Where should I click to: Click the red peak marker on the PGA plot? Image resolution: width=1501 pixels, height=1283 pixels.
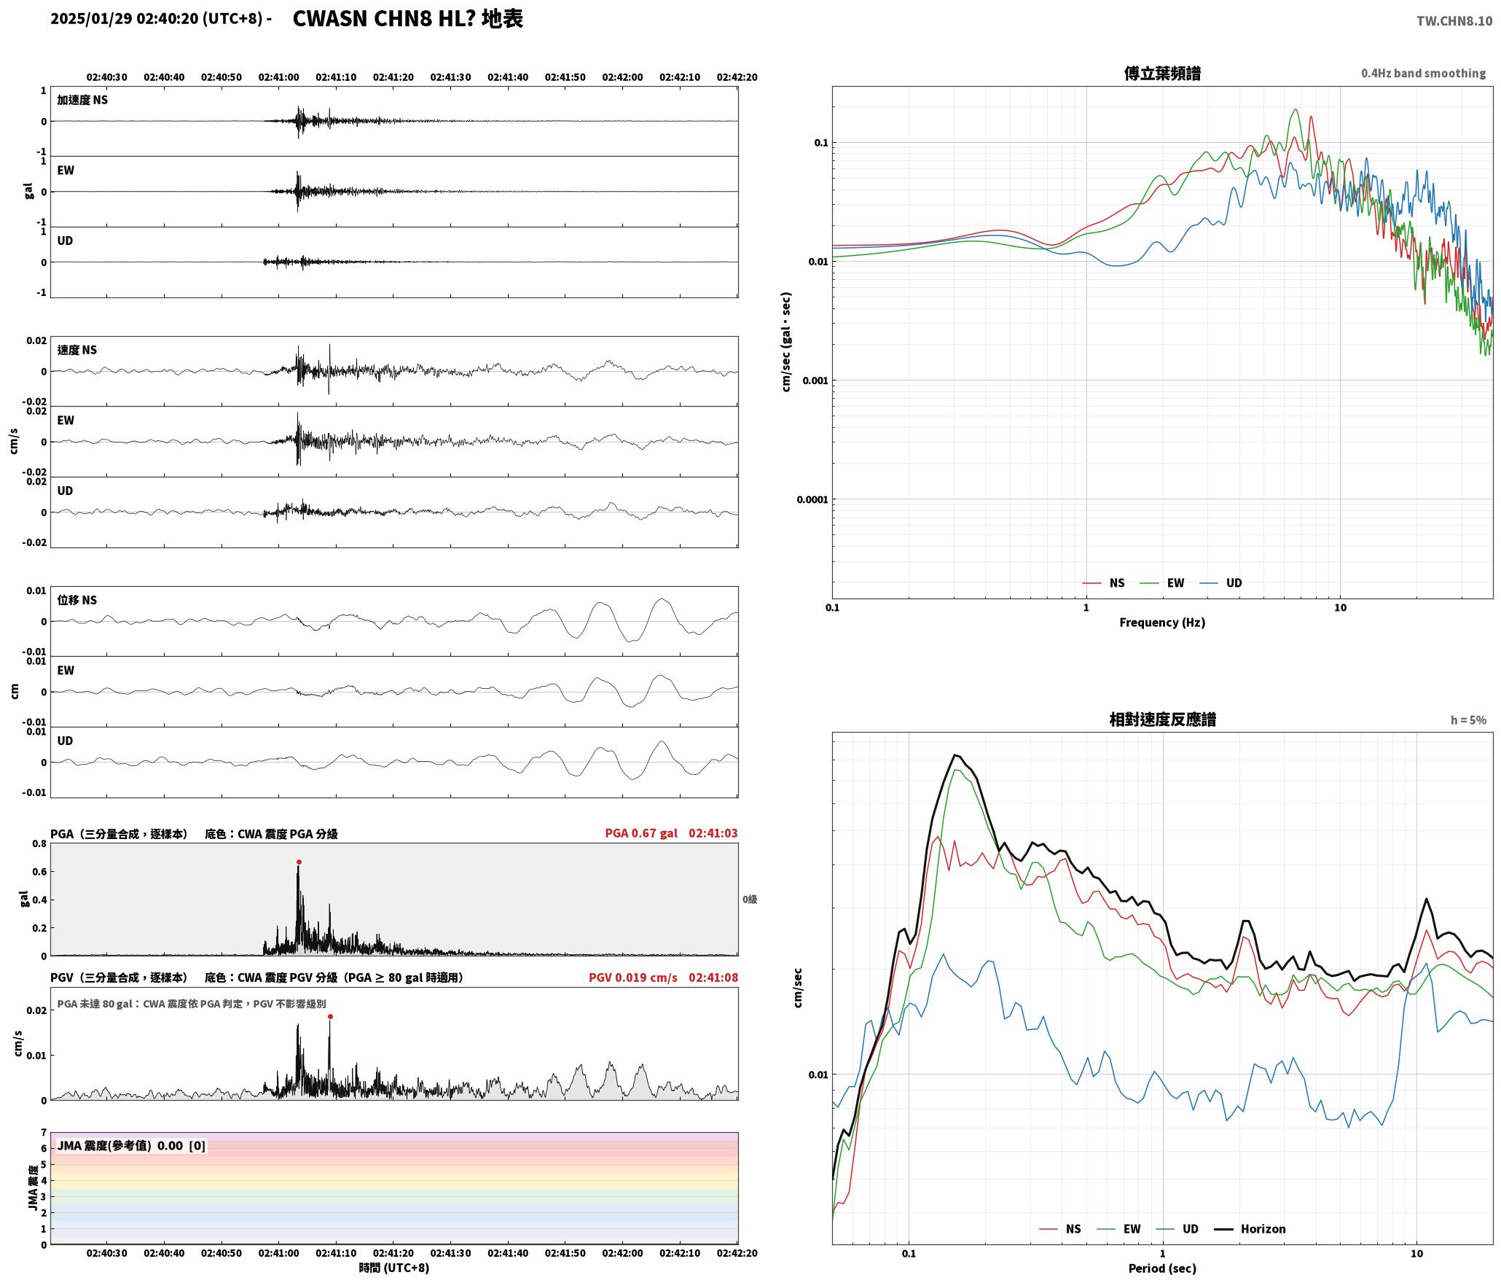coord(299,862)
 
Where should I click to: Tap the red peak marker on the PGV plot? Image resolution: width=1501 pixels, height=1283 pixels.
coord(330,1016)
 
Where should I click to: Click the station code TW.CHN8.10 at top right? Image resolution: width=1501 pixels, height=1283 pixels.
coord(1454,21)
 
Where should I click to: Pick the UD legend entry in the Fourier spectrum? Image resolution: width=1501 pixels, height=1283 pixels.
coord(1221,583)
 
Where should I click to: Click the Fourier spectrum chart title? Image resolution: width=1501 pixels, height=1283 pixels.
coord(1162,74)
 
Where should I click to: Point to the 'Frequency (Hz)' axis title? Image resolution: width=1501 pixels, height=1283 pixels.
coord(1162,623)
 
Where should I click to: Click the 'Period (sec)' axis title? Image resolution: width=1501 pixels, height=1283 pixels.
coord(1162,1268)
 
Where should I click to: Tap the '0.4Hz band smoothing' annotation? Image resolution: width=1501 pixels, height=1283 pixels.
coord(1423,74)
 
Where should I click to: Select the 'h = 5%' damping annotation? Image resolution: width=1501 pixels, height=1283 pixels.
coord(1468,720)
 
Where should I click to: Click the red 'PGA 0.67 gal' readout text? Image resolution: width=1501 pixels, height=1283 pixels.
coord(641,833)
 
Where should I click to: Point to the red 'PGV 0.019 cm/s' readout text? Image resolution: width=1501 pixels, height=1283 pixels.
coord(633,978)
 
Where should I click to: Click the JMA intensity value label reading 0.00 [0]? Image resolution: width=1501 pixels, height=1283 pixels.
coord(181,1146)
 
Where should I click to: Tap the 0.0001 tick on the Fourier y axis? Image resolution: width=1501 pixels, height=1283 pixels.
coord(812,500)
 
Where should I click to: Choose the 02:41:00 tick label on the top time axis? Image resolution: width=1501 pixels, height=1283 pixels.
coord(278,77)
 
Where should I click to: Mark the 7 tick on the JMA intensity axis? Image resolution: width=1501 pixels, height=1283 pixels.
coord(44,1133)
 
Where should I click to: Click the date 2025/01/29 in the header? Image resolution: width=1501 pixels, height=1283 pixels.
coord(91,19)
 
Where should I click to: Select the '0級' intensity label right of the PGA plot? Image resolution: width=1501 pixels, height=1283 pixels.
coord(750,900)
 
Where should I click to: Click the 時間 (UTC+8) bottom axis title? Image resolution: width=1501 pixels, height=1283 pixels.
coord(393,1268)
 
